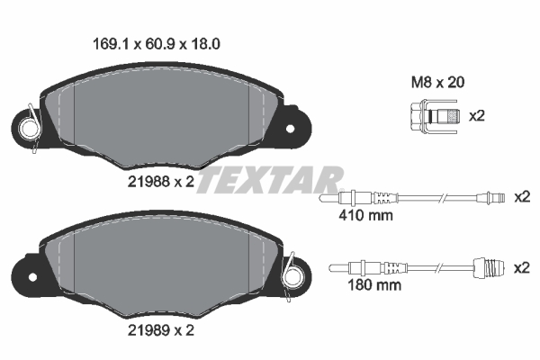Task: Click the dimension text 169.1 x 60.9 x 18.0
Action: (158, 41)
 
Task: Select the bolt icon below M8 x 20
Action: (430, 116)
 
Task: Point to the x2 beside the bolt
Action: (478, 116)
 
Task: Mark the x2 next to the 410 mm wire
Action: (521, 196)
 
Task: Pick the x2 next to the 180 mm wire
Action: (521, 267)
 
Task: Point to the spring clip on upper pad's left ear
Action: (31, 123)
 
